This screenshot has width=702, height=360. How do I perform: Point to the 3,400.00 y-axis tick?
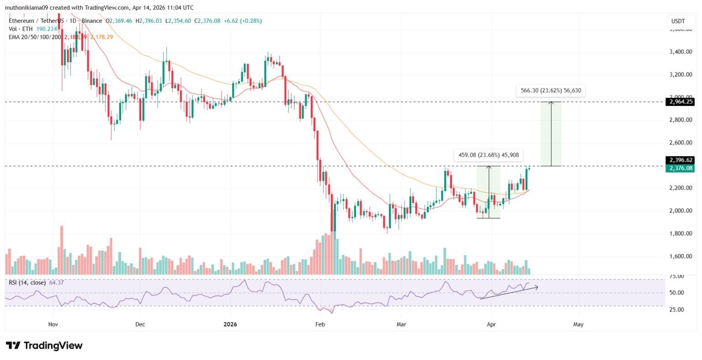click(680, 52)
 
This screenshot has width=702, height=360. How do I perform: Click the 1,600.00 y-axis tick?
click(680, 256)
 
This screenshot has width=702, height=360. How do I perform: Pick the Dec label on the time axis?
click(140, 324)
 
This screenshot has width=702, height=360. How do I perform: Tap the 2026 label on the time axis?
click(230, 324)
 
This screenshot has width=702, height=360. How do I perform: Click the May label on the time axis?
click(578, 324)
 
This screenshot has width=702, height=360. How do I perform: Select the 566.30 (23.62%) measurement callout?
click(551, 90)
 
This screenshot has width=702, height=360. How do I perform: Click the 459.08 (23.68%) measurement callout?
click(489, 155)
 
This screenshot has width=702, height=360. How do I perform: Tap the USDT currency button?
click(678, 21)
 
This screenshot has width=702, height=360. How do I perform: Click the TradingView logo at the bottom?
click(44, 345)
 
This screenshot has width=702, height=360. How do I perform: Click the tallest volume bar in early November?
click(61, 249)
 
